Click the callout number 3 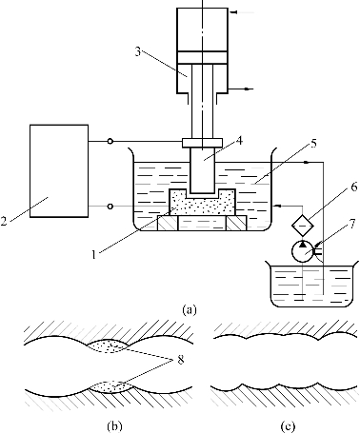point(138,52)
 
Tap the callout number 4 point(240,140)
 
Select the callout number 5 point(313,144)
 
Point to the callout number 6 point(353,187)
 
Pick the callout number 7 point(352,224)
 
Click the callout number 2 point(4,221)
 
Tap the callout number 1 point(93,255)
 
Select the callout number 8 point(180,360)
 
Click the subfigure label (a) point(190,309)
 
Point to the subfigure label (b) point(114,426)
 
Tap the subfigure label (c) point(288,426)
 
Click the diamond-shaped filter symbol point(303,226)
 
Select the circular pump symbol point(303,251)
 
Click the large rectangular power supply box point(59,171)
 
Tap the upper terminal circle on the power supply point(110,142)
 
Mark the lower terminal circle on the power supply point(110,207)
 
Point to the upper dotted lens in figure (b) point(108,346)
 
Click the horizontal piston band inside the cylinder point(203,57)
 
